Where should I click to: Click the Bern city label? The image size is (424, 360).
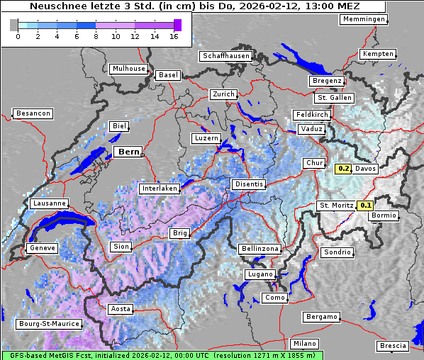click(x=128, y=152)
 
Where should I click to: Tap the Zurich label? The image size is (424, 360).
click(x=223, y=94)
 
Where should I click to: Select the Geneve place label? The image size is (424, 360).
click(x=41, y=248)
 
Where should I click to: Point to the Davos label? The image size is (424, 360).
click(x=365, y=169)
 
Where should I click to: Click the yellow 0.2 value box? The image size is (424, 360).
click(x=343, y=169)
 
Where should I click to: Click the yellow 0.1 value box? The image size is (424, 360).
click(x=365, y=206)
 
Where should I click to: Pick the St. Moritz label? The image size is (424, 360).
click(x=336, y=206)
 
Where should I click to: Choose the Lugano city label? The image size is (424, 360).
click(x=260, y=274)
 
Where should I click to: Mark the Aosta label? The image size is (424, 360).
click(x=120, y=309)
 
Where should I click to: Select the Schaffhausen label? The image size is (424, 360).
click(x=225, y=56)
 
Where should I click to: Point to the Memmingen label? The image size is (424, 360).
click(x=364, y=19)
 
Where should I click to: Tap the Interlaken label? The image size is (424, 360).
click(x=159, y=189)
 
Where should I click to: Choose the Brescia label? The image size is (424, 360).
click(x=393, y=346)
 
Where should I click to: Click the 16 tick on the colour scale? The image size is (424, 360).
click(x=174, y=37)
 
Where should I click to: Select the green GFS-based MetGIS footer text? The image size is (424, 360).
click(x=162, y=355)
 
